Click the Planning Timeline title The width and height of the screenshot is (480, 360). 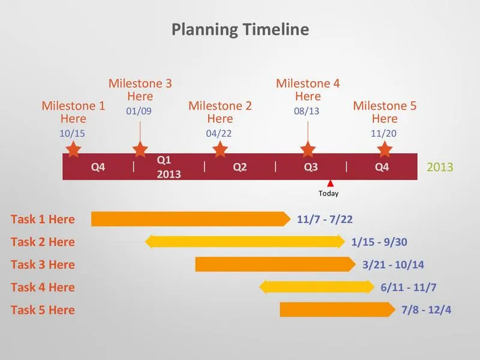[240, 29]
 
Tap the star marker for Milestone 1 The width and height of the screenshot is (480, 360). [73, 149]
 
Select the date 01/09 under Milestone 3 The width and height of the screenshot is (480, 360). [139, 111]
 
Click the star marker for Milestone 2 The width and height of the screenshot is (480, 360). [220, 149]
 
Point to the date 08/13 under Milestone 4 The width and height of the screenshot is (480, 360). [307, 111]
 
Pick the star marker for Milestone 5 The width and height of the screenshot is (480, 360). [385, 149]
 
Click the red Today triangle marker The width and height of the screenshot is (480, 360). [330, 184]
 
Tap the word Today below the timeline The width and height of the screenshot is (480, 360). [328, 193]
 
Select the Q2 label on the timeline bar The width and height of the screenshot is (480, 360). [239, 167]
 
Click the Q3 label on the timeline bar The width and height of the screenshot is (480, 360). [311, 167]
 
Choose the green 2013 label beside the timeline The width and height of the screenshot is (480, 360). [440, 167]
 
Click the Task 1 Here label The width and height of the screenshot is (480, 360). [43, 219]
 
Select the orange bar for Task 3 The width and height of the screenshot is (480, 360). [275, 264]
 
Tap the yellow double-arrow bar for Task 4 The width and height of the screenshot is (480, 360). [317, 287]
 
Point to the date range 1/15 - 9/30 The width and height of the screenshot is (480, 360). [379, 242]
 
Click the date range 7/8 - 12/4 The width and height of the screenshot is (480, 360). [426, 310]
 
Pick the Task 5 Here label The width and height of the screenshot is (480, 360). [43, 310]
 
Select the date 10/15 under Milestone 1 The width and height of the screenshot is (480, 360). [72, 133]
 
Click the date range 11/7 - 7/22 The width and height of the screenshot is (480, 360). [325, 219]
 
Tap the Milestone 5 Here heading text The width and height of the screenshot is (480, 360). [385, 112]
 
